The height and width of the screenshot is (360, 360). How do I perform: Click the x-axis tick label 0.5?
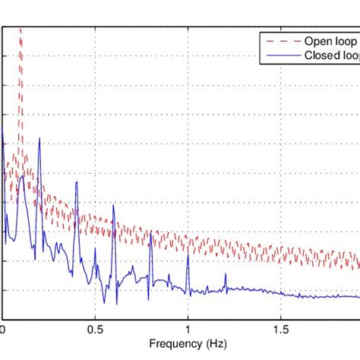click(x=95, y=330)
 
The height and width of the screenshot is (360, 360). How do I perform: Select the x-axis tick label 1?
click(x=188, y=330)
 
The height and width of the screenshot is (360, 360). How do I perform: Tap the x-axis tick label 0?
click(x=3, y=330)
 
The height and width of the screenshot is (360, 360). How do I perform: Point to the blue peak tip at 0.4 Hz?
click(x=77, y=182)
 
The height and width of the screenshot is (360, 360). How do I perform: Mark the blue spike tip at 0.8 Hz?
click(x=151, y=232)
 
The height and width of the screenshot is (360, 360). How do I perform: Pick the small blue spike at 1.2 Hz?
click(x=225, y=274)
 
